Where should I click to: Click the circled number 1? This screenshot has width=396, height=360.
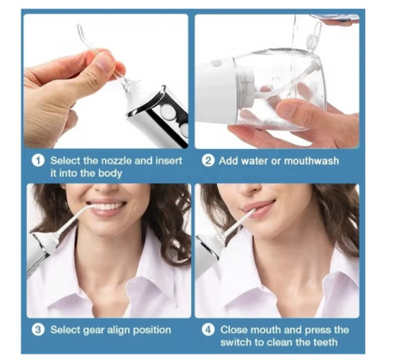click(38, 160)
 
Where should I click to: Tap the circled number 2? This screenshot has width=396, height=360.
click(208, 161)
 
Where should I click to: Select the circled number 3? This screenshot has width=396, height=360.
click(38, 330)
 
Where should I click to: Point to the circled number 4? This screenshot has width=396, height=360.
click(208, 330)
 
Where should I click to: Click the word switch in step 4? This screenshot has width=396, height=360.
click(236, 342)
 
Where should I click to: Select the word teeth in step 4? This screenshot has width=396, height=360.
click(325, 342)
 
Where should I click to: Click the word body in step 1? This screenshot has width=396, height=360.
click(110, 173)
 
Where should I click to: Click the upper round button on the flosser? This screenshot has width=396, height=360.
click(167, 110)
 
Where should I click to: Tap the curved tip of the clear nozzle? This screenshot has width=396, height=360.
click(80, 30)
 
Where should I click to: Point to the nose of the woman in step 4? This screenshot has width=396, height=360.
click(251, 188)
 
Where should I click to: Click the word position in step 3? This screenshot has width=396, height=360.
click(152, 330)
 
